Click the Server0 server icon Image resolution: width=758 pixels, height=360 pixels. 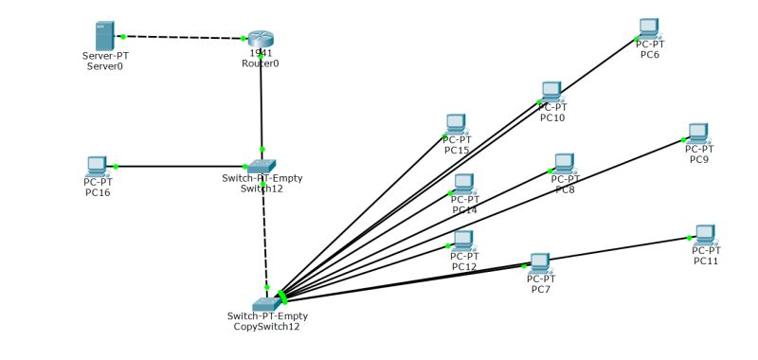105,37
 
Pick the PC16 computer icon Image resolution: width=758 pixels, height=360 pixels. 97,166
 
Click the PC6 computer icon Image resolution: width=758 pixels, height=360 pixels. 649,27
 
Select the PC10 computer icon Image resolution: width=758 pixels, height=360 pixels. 551,91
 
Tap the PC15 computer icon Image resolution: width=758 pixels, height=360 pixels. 456,124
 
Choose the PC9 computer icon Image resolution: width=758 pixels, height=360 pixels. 698,133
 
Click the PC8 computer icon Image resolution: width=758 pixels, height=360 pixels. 565,163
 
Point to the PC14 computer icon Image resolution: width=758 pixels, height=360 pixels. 463,183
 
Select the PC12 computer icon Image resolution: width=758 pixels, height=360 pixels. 463,240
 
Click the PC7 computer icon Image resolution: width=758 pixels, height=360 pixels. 540,262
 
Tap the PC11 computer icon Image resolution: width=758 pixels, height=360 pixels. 705,234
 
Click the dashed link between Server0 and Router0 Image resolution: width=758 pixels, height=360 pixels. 185,38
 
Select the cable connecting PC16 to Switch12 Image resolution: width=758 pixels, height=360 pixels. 180,167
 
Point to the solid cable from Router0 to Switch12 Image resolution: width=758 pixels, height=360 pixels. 261,104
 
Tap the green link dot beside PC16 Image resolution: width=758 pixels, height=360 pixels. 116,167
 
